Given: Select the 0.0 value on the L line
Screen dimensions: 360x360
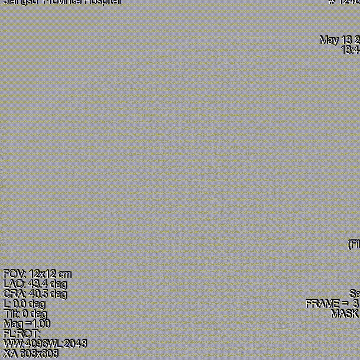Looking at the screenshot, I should (20, 304).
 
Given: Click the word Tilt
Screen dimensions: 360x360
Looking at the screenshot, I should (11, 314).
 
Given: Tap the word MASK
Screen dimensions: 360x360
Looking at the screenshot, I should (345, 314).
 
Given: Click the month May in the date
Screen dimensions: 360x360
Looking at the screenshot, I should (329, 40).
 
